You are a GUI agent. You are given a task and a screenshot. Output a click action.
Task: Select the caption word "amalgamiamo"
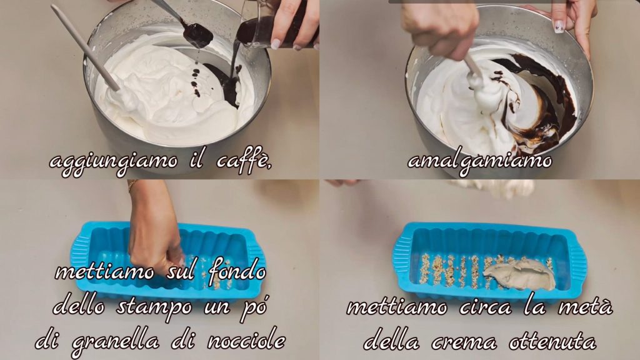[x=479, y=161]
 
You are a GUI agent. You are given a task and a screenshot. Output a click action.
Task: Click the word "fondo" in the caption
[x=238, y=271]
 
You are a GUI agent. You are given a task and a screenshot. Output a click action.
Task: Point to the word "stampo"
[x=154, y=307]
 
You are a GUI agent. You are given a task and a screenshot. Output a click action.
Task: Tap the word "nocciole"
[x=246, y=339]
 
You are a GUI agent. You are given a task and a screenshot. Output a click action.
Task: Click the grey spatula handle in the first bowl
[x=85, y=47]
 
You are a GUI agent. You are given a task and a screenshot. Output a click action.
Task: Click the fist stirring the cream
[x=441, y=27]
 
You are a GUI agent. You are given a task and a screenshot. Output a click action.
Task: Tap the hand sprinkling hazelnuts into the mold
[x=155, y=229]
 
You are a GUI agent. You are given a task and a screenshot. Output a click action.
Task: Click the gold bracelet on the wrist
[x=131, y=185]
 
